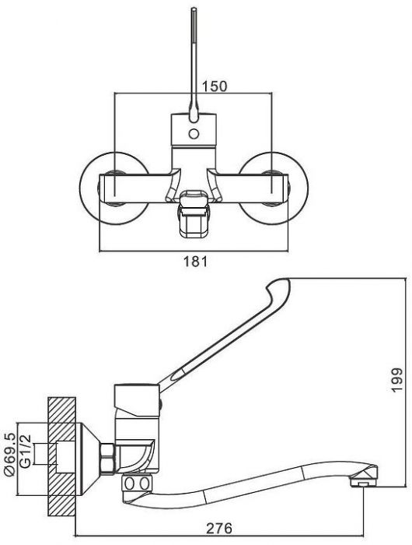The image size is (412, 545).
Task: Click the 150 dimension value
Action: click(214, 86)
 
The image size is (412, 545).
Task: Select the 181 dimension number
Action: click(195, 261)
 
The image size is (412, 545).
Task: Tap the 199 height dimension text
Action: click(396, 380)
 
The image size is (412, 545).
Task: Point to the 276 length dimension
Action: click(219, 529)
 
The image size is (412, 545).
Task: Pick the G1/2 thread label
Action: click(26, 451)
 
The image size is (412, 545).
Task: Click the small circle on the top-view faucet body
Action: click(194, 133)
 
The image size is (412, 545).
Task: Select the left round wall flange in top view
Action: click(114, 188)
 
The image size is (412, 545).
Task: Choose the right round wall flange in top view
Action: click(273, 188)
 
